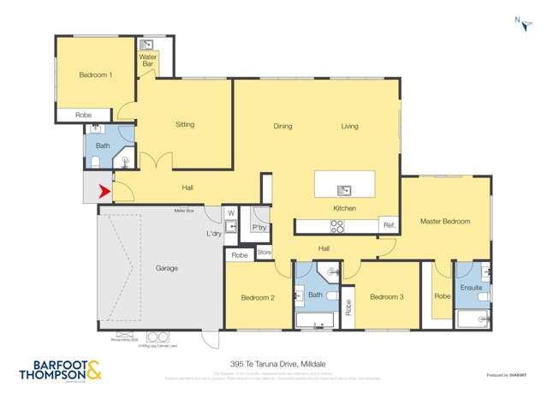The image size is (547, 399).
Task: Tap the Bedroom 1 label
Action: point(95,75)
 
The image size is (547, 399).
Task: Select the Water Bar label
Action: point(147,61)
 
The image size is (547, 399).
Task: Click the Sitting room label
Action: point(185,125)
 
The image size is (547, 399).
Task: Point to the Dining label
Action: point(282,127)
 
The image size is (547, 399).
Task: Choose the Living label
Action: point(349,127)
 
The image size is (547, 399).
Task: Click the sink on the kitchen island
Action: point(344,190)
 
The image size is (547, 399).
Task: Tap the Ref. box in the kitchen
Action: point(389,225)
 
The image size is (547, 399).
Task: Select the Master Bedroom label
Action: point(444,222)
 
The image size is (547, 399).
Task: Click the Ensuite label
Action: point(471,288)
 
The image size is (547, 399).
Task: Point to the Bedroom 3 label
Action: point(386,297)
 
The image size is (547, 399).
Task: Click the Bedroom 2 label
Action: point(257,298)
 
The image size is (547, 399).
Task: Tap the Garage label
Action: point(166,269)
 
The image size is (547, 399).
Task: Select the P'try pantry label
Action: point(259,228)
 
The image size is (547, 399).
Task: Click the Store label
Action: point(264,253)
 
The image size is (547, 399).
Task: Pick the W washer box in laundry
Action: point(231,213)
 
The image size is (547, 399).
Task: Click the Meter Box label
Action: point(184,210)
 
